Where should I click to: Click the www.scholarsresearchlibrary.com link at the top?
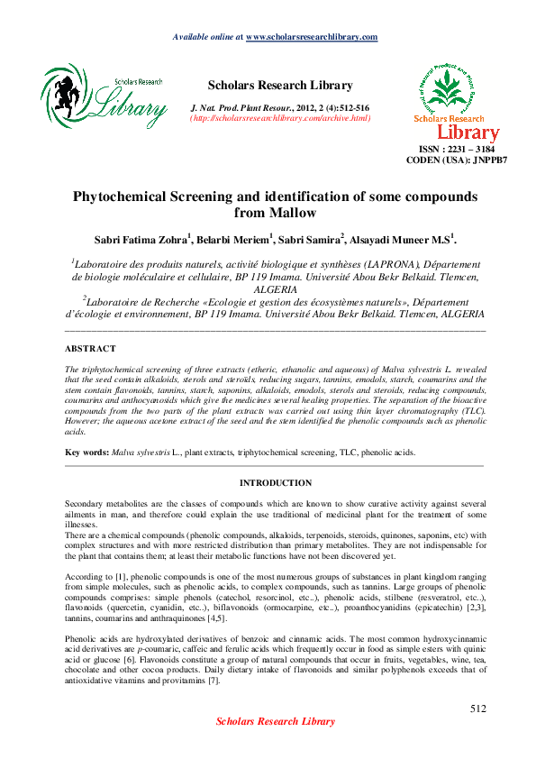point(311,37)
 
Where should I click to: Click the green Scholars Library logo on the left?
point(104,96)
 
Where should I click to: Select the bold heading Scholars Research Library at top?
point(280,86)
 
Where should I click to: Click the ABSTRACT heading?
point(90,348)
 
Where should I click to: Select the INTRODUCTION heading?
point(276,483)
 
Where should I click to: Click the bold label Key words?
point(87,449)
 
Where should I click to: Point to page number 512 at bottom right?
point(477,709)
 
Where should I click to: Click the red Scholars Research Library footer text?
point(275,747)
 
